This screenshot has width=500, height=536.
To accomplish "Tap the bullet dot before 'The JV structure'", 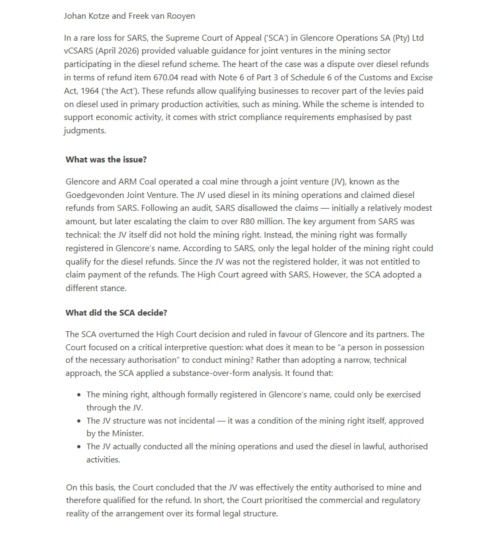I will click(x=79, y=421).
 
